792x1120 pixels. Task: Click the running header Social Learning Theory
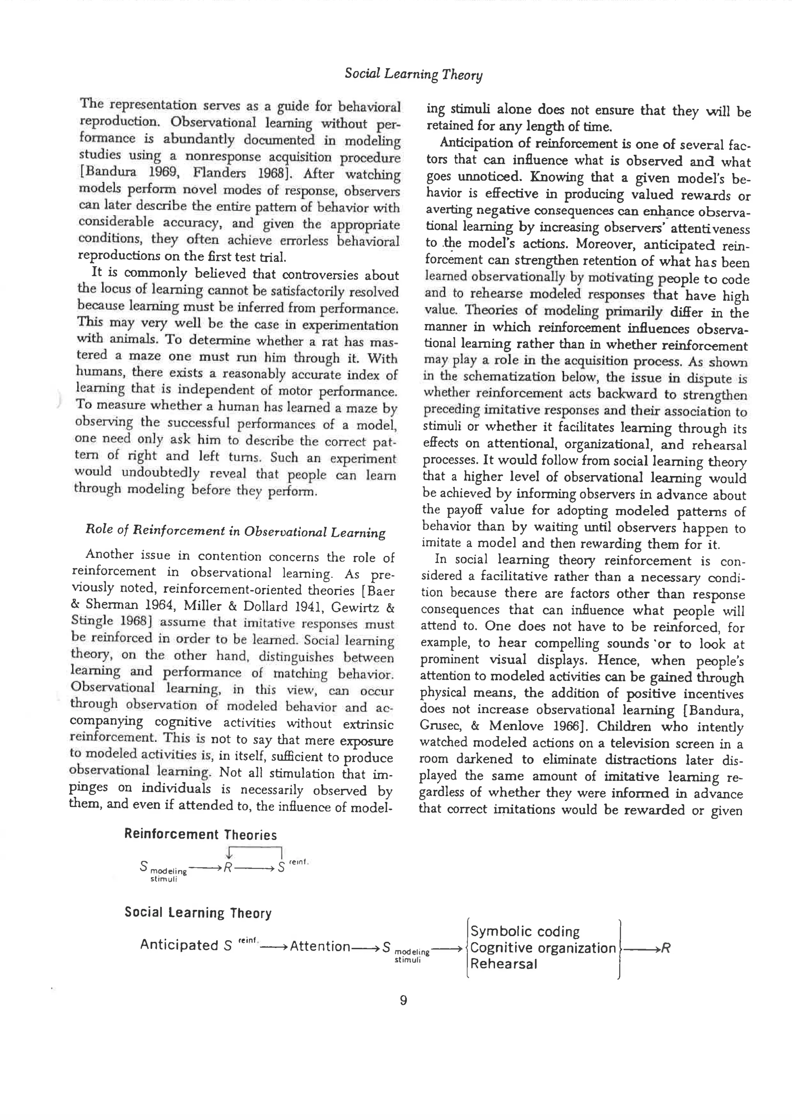point(413,74)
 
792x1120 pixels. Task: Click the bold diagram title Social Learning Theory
point(198,913)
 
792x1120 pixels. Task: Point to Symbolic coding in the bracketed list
point(525,932)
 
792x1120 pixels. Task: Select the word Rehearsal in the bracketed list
point(503,964)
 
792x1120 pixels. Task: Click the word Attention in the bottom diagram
point(320,947)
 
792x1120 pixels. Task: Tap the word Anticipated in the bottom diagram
point(179,945)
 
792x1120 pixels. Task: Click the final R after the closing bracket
point(666,948)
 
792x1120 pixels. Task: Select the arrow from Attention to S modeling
point(366,947)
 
